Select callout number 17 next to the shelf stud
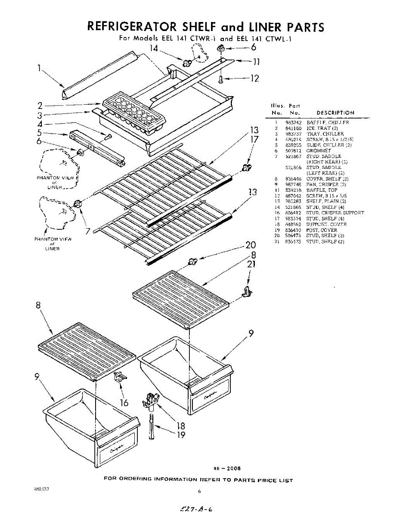(254, 140)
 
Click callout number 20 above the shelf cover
(251, 246)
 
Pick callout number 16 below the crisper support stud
(124, 403)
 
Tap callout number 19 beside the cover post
(181, 435)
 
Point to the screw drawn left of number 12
(221, 79)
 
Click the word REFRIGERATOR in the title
(131, 27)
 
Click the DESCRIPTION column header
(335, 113)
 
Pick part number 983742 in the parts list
(292, 123)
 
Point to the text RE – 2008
(227, 468)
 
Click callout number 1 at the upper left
(39, 67)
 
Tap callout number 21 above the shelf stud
(251, 264)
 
